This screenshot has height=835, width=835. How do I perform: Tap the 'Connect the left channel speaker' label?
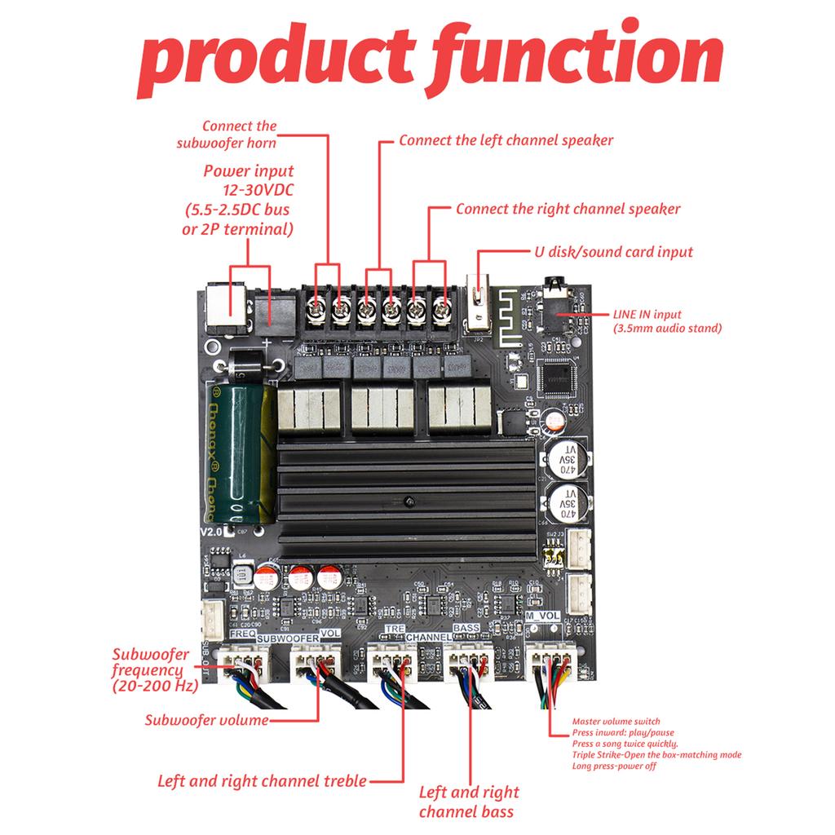coord(506,140)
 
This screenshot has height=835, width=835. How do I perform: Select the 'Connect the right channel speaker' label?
coord(568,209)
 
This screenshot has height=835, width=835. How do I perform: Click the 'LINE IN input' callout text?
coord(647,314)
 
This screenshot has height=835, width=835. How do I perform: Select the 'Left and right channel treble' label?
coord(262,780)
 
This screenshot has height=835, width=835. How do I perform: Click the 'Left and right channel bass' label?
coord(468,802)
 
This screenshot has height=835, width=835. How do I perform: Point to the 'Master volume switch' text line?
coord(616,722)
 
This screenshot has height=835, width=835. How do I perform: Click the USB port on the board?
coord(477,308)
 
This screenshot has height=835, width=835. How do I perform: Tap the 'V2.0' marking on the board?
coord(211,531)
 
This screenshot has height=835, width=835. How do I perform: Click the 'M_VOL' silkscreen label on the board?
coord(543,616)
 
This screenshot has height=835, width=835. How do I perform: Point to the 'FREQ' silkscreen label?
coord(244,634)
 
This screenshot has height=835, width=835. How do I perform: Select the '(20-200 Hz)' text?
coord(155,686)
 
